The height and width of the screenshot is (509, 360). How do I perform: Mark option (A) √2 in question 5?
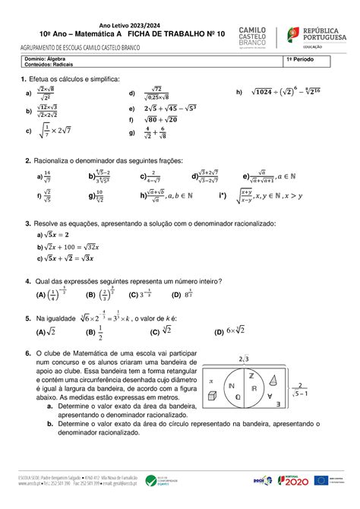pos(42,331)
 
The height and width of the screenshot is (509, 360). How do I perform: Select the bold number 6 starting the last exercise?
pos(27,353)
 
